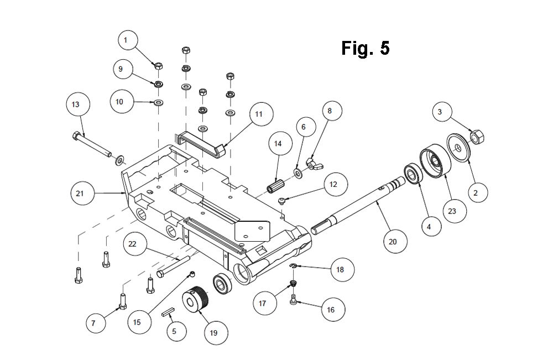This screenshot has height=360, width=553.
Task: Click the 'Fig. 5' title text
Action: (366, 48)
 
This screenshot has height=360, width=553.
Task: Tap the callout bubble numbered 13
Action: (78, 105)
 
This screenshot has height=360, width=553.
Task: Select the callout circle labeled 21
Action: (82, 193)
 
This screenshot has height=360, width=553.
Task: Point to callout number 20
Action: (395, 242)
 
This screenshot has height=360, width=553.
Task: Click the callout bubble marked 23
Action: (455, 211)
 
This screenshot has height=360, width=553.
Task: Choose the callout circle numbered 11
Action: (262, 114)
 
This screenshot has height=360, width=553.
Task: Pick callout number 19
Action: (216, 333)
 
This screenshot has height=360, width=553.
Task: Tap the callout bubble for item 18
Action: (342, 269)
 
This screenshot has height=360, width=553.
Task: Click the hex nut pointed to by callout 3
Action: (477, 137)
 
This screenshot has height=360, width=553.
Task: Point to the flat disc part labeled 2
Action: (458, 148)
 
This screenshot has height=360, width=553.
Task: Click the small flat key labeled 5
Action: (169, 313)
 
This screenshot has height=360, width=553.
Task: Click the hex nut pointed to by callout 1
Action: (159, 66)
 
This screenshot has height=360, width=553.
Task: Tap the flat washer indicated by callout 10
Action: (159, 103)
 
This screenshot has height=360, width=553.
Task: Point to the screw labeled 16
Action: (294, 300)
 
